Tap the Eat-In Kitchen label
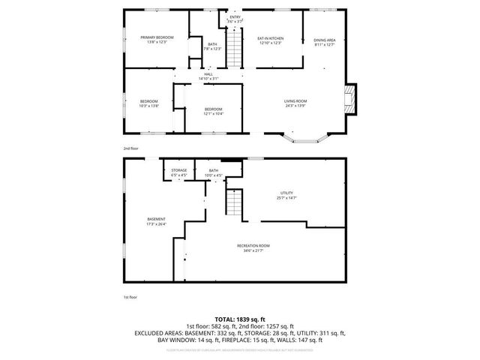click(x=269, y=37)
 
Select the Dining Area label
click(x=324, y=40)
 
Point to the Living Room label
click(x=294, y=101)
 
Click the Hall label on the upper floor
click(x=208, y=73)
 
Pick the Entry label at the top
click(x=235, y=16)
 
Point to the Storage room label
click(x=178, y=170)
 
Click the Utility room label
click(x=286, y=193)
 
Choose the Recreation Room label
click(x=253, y=246)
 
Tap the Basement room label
click(x=156, y=219)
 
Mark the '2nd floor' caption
click(x=131, y=148)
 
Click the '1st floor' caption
click(x=131, y=297)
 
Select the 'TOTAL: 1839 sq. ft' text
click(x=239, y=319)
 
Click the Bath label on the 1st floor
click(x=214, y=170)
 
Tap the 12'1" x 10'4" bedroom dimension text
click(x=214, y=114)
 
